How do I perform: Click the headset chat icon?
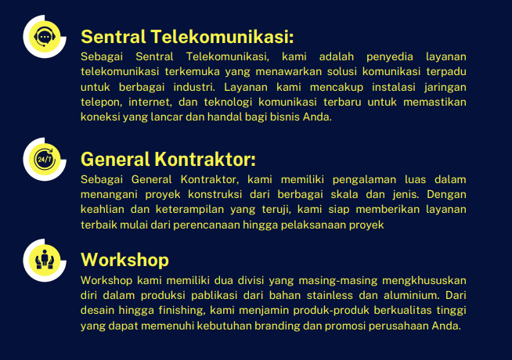pyautogui.click(x=45, y=37)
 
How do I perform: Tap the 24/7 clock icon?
pyautogui.click(x=45, y=160)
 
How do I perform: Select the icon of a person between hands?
pyautogui.click(x=45, y=260)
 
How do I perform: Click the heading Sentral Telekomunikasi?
pyautogui.click(x=187, y=37)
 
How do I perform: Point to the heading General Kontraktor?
pyautogui.click(x=168, y=160)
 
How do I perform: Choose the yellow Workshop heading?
pyautogui.click(x=124, y=260)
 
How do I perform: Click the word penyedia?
pyautogui.click(x=390, y=57)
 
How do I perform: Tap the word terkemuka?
pyautogui.click(x=193, y=71)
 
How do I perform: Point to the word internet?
pyautogui.click(x=150, y=103)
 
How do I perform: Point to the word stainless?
pyautogui.click(x=330, y=295)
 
